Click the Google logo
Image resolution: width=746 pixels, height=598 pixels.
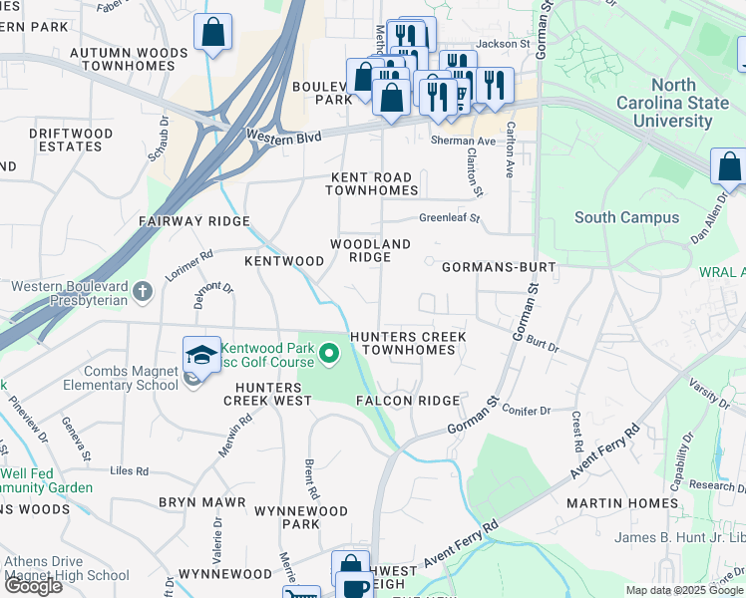pos(33,586)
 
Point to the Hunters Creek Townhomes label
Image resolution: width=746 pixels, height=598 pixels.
pos(408,344)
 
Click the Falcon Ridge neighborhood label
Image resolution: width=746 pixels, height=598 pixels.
pos(407,401)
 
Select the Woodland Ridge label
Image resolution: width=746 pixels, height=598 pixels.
pos(370,250)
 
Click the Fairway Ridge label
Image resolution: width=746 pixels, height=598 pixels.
pos(193,221)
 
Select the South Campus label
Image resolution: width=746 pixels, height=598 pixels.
pos(626,217)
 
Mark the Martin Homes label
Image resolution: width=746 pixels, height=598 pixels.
pos(621,503)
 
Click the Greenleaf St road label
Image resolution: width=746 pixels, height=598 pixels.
pos(449,217)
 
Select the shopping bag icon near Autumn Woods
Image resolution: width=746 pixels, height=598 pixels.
pos(212,34)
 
